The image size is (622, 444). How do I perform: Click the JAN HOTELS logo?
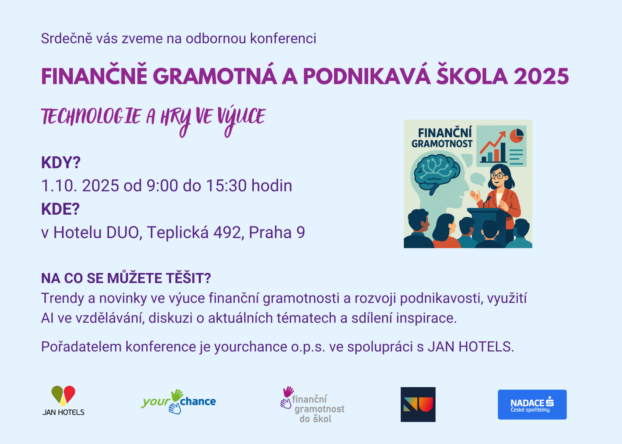click(x=63, y=401)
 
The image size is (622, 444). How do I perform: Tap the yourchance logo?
click(x=179, y=402)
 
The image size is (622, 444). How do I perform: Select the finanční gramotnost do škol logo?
click(x=312, y=405)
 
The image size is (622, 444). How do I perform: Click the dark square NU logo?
click(x=418, y=404)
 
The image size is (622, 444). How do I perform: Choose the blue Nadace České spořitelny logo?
click(x=532, y=404)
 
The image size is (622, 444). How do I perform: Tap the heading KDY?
click(x=61, y=163)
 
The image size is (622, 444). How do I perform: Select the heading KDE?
click(x=61, y=209)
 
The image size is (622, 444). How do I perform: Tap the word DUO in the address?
click(x=124, y=233)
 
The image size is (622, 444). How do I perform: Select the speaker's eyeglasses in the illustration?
click(x=497, y=176)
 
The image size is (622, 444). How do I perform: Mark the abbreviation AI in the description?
click(x=47, y=318)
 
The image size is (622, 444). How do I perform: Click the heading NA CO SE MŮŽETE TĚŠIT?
click(x=126, y=278)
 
